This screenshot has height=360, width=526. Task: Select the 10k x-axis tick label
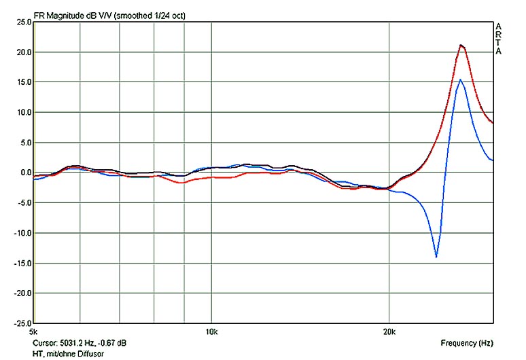[211, 332]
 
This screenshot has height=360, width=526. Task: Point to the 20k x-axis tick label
[389, 332]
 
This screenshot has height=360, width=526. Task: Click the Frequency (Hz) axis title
[466, 343]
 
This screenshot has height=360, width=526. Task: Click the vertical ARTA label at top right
[499, 39]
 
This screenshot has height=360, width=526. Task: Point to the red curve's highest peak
[461, 46]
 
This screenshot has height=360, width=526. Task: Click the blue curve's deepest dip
[436, 257]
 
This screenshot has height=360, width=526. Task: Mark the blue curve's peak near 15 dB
[460, 79]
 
